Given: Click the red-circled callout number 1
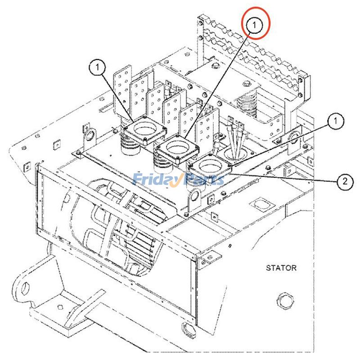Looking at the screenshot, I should (x=256, y=25).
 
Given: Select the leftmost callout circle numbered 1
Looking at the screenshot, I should (x=98, y=68).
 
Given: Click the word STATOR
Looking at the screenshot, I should (x=281, y=268).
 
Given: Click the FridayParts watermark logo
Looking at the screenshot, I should (x=178, y=180).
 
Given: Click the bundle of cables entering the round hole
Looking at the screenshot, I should (x=236, y=142).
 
